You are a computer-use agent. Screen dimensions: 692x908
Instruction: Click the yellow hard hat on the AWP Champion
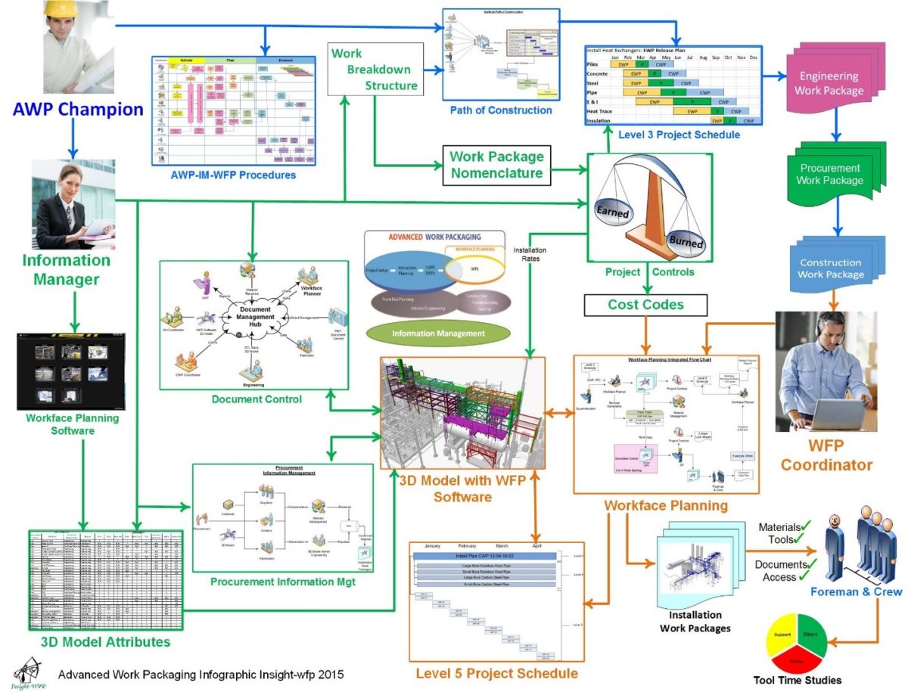(60, 8)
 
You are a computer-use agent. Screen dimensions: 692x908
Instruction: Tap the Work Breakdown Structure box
(374, 70)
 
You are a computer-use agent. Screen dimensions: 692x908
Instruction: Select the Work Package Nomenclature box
(496, 165)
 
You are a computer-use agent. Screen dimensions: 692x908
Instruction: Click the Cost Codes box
(646, 305)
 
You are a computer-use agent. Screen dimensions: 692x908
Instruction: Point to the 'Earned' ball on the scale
(612, 213)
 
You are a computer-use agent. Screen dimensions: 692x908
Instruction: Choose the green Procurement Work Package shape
(829, 175)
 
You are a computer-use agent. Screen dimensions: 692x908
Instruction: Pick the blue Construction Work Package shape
(830, 268)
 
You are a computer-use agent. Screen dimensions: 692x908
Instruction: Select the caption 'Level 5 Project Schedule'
(496, 673)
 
